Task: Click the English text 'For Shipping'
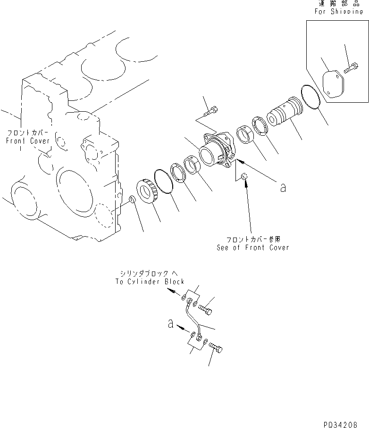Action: click(x=339, y=12)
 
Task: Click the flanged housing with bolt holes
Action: click(x=217, y=151)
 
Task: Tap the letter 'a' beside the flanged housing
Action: click(x=283, y=188)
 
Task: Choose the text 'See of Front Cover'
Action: click(x=252, y=247)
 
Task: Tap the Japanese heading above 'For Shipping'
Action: click(x=339, y=3)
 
